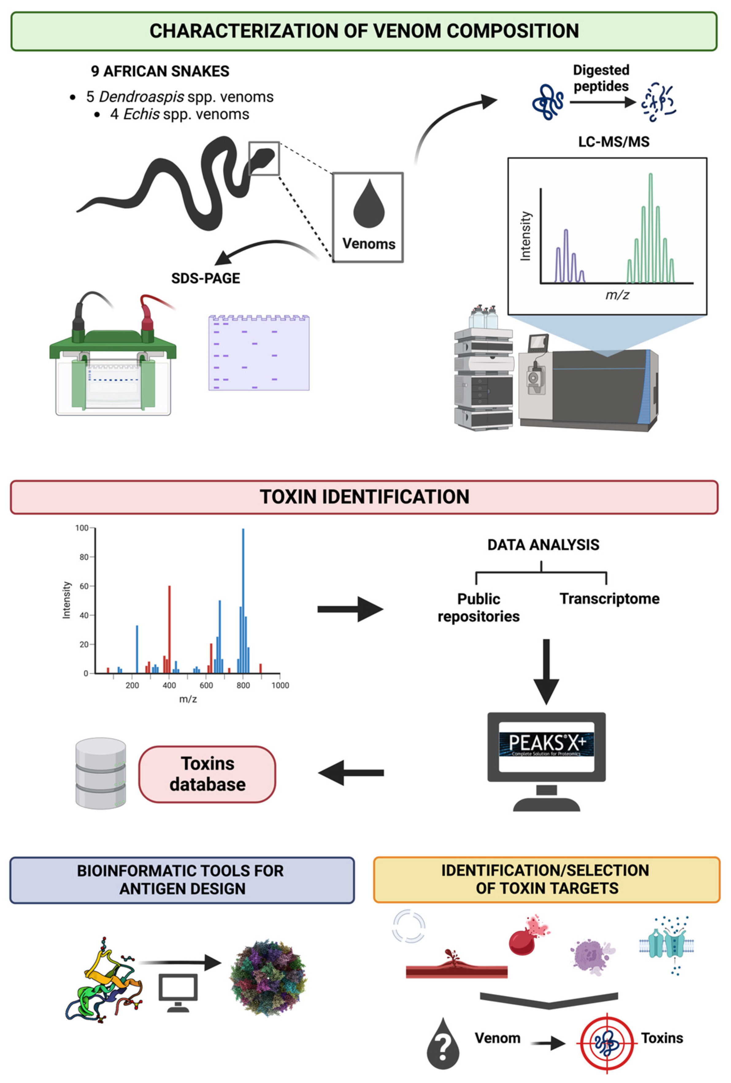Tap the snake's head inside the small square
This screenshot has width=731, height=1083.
(x=264, y=157)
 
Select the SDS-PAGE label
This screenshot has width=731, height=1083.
(x=206, y=278)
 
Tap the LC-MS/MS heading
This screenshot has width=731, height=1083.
(x=613, y=142)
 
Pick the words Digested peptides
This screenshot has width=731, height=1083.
(x=601, y=78)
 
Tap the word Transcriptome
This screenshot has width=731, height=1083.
(x=609, y=598)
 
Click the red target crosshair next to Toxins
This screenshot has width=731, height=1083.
(x=606, y=1043)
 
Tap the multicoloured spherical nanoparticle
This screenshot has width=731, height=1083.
(x=268, y=977)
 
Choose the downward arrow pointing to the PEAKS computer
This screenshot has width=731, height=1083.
(x=546, y=671)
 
